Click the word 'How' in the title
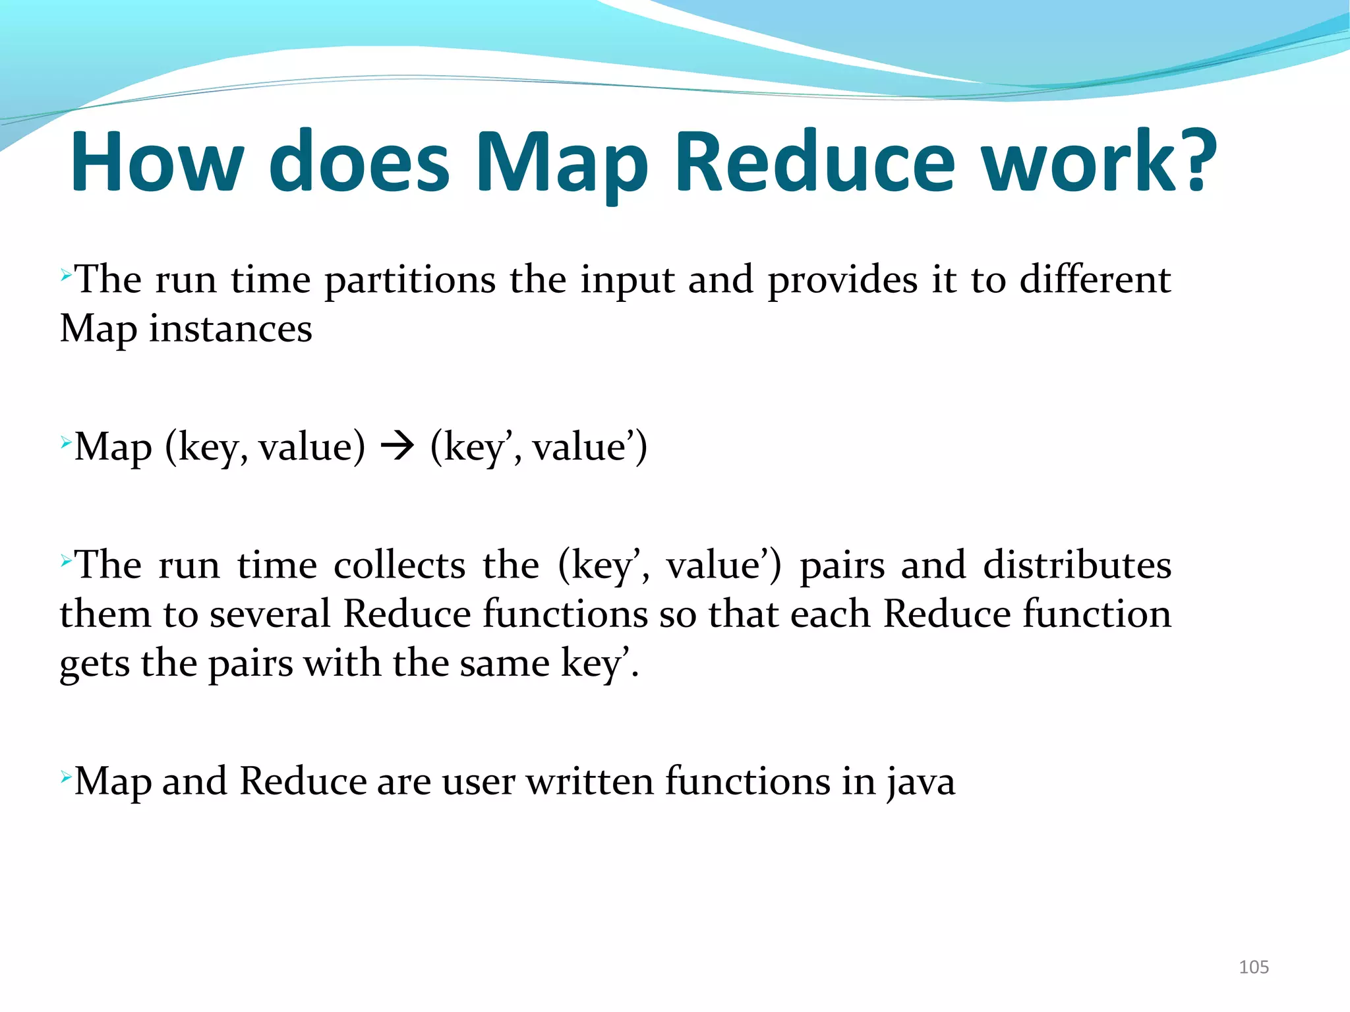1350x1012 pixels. (157, 162)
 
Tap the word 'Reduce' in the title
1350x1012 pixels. (815, 162)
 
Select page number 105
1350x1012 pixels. (1253, 967)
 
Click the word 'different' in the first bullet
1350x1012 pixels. (1095, 280)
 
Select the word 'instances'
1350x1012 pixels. (230, 329)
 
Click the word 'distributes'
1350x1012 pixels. (1077, 566)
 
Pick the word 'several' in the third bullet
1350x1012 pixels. (270, 614)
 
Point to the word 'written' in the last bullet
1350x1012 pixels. (590, 782)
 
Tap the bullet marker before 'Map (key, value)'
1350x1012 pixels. (65, 441)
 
